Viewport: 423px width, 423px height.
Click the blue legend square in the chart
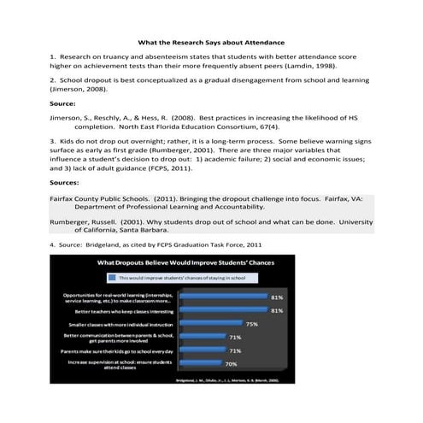pyautogui.click(x=109, y=277)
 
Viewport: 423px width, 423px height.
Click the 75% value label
pyautogui.click(x=251, y=324)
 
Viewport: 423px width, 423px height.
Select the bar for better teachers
pyautogui.click(x=224, y=311)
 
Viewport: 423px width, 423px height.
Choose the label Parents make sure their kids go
pyautogui.click(x=115, y=350)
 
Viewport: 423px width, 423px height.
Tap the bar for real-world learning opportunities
pyautogui.click(x=224, y=297)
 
